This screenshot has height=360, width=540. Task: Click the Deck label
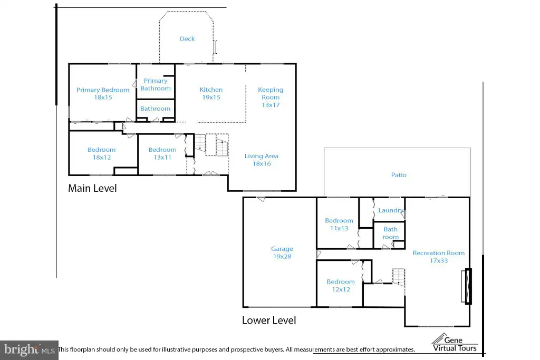187,39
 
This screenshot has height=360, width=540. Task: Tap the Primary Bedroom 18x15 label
103,94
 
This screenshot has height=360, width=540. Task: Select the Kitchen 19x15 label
211,93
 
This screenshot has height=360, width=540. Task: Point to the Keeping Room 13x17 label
271,97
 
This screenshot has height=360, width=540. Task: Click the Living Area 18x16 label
262,160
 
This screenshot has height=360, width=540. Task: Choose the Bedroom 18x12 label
102,153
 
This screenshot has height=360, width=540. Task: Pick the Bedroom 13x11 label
162,153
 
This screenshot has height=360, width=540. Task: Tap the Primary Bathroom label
156,84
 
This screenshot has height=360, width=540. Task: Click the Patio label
399,175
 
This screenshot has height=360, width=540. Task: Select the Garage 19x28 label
282,252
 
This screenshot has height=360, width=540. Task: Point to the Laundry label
391,210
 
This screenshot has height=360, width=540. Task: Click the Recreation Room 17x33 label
439,257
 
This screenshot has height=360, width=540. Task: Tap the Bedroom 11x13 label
339,224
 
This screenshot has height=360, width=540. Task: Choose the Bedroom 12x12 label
341,285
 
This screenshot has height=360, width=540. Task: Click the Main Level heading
92,188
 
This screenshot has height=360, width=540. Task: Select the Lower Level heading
269,320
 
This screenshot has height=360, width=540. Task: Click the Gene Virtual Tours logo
455,343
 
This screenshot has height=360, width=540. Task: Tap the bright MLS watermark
30,350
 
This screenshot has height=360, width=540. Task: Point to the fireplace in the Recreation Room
467,286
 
